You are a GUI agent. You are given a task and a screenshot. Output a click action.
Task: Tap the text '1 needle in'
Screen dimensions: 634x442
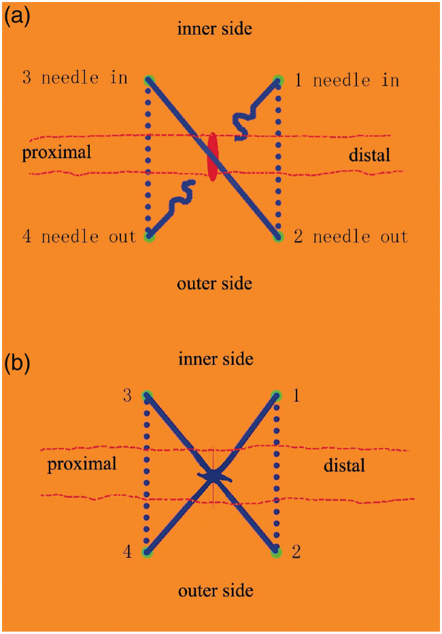pyautogui.click(x=346, y=80)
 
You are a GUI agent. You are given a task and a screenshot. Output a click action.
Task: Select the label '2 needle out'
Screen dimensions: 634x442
pyautogui.click(x=350, y=237)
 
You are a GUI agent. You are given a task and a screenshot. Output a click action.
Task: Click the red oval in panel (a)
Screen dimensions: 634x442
pyautogui.click(x=213, y=157)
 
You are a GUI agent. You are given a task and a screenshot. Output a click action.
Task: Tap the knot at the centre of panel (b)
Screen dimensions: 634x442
pyautogui.click(x=214, y=475)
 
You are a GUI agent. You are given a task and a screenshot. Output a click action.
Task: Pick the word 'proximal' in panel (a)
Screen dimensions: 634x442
pyautogui.click(x=56, y=152)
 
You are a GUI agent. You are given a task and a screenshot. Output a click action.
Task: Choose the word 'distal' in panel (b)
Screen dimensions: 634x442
pyautogui.click(x=343, y=466)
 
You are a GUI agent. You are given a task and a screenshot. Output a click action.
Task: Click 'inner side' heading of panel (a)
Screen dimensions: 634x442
pyautogui.click(x=215, y=29)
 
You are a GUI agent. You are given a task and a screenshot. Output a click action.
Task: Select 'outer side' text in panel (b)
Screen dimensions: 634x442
pyautogui.click(x=216, y=590)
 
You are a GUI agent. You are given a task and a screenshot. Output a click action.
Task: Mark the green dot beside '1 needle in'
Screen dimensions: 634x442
pyautogui.click(x=278, y=79)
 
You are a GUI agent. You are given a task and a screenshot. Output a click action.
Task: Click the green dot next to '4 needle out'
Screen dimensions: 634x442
pyautogui.click(x=150, y=238)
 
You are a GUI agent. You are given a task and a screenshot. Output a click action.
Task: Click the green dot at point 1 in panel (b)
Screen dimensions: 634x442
pyautogui.click(x=276, y=395)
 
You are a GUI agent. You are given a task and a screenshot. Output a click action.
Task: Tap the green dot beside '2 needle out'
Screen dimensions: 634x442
pyautogui.click(x=277, y=238)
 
